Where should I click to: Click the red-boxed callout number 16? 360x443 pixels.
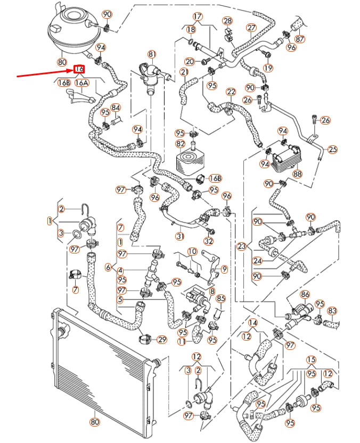79,69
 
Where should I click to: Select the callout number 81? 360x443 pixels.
152,54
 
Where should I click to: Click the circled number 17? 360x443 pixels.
198,17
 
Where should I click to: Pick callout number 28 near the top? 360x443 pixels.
227,21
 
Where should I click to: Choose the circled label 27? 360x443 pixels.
251,27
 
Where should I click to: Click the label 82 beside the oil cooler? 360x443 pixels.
181,144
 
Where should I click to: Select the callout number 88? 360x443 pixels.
297,174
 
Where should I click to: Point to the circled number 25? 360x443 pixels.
332,149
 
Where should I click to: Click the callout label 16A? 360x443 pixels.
81,83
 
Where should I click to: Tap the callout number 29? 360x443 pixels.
162,339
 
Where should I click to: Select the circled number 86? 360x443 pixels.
305,294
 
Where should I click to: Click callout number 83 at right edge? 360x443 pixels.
332,310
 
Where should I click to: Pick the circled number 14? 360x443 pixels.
252,323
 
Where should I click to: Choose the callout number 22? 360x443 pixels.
231,92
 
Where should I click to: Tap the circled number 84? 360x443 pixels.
116,108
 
